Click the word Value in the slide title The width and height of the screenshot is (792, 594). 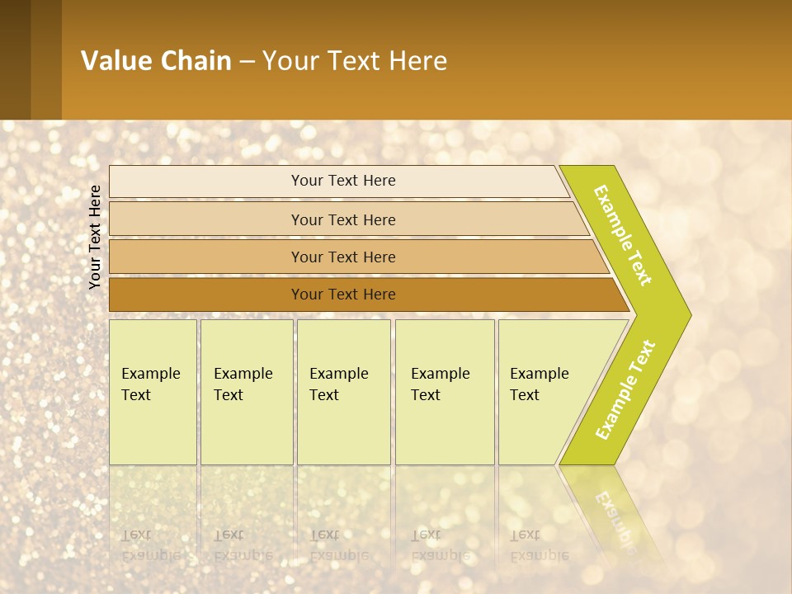click(115, 61)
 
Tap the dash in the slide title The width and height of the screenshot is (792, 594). click(247, 62)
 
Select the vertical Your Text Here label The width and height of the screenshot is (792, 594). click(95, 238)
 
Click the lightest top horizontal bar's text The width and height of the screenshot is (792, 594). click(343, 181)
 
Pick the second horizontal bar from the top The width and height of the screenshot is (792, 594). click(343, 219)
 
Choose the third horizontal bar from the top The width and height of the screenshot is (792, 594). click(343, 257)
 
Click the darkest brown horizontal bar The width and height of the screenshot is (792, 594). click(343, 295)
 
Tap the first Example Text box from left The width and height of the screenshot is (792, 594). click(153, 392)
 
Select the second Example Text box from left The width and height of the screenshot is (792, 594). click(246, 392)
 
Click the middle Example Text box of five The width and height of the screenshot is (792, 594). click(343, 392)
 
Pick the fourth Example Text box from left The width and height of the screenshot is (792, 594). click(444, 392)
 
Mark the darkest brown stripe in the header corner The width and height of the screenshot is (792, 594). click(15, 59)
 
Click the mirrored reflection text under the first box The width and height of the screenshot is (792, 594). click(150, 544)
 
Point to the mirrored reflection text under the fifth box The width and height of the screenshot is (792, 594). click(538, 544)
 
